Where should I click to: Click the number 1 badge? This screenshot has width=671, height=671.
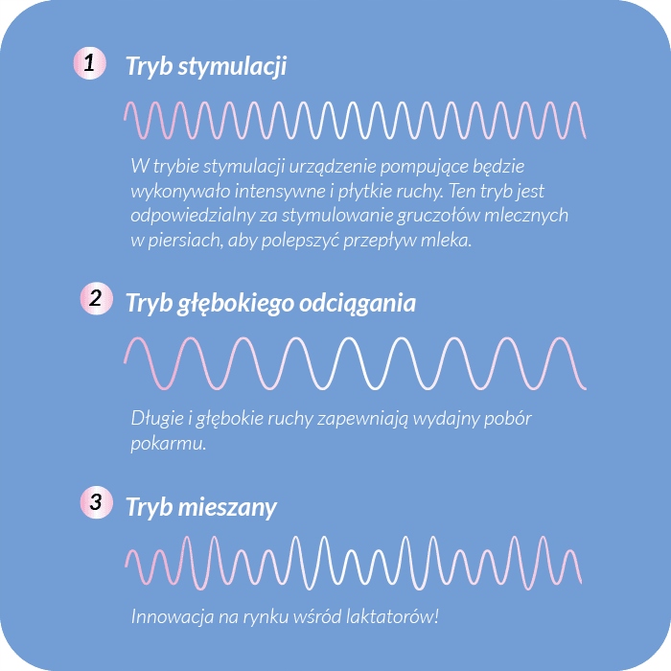click(89, 65)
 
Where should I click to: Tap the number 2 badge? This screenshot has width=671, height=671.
click(95, 298)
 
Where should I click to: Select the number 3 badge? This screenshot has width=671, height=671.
click(94, 502)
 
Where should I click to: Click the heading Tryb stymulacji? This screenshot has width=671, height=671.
click(206, 67)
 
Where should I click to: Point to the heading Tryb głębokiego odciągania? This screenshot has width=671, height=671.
click(270, 303)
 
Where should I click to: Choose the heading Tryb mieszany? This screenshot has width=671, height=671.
click(201, 507)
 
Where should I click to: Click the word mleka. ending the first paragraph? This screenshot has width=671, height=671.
click(450, 241)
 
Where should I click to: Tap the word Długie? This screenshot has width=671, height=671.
click(156, 420)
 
